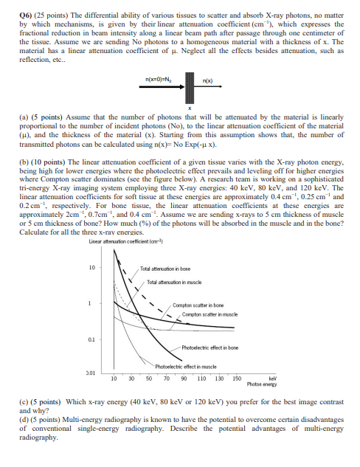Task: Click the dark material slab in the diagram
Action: (188, 86)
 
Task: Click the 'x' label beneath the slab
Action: (188, 105)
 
